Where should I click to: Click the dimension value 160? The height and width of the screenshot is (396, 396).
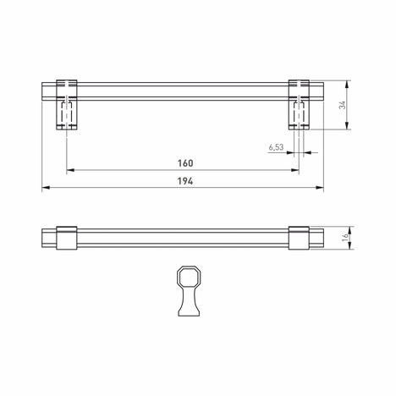click(x=186, y=162)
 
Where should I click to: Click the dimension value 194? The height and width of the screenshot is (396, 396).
click(x=186, y=180)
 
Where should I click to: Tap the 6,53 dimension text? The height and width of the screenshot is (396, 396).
click(x=276, y=147)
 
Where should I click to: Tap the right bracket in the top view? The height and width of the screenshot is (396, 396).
click(x=300, y=239)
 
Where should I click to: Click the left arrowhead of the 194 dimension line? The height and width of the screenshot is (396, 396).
click(x=45, y=187)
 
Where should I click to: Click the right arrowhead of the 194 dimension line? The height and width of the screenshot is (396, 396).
click(x=322, y=187)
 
